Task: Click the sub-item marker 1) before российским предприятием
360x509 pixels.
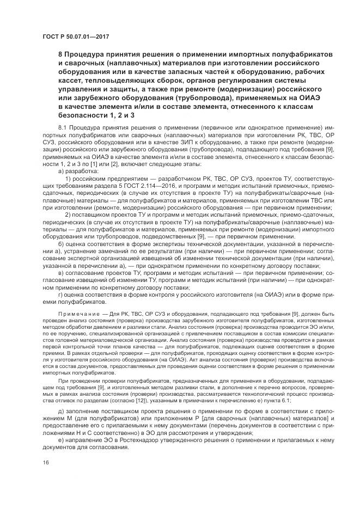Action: click(x=68, y=179)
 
